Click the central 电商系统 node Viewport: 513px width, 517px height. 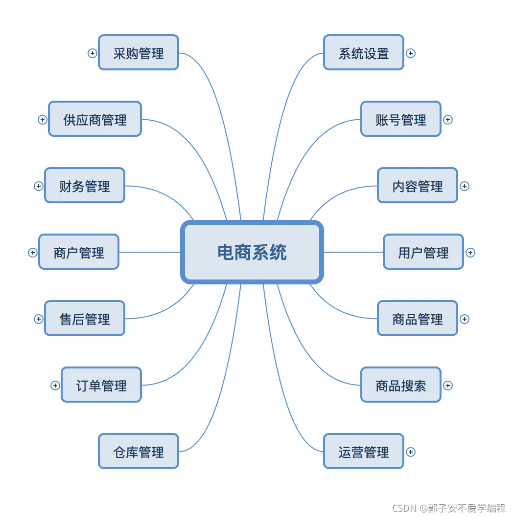pos(252,252)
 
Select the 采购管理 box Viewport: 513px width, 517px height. pos(139,53)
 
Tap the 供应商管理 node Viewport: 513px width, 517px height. pos(95,119)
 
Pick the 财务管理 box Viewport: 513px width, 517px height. pos(85,186)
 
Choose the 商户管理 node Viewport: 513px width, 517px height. pos(79,252)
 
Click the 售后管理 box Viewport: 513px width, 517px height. pos(85,319)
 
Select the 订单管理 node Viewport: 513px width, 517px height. pos(101,385)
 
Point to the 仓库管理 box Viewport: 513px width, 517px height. pos(139,452)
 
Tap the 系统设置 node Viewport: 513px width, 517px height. pos(364,53)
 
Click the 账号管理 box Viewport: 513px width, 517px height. pos(401,119)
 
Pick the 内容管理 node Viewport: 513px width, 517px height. pos(418,186)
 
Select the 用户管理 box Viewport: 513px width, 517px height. pos(423,252)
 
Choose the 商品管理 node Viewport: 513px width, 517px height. pos(418,319)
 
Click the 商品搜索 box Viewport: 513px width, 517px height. pos(401,385)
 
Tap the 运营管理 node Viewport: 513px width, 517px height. pos(364,452)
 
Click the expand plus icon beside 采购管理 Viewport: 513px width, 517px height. pos(93,53)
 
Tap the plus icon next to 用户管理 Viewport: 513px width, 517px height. pos(470,253)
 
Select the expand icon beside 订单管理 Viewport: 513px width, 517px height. pos(55,386)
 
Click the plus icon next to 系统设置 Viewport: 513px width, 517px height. pos(411,53)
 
